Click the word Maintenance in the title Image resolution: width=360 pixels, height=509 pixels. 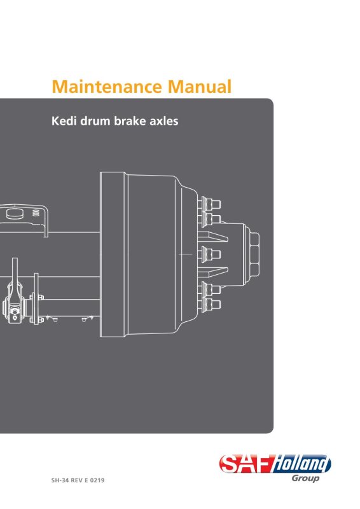click(x=107, y=87)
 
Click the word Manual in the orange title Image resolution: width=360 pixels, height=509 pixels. click(x=200, y=87)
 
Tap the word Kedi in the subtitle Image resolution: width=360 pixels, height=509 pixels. click(x=64, y=121)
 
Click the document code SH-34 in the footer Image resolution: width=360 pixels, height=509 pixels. click(x=60, y=480)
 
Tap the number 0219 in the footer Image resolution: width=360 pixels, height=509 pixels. click(x=97, y=480)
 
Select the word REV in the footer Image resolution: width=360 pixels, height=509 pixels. click(x=77, y=480)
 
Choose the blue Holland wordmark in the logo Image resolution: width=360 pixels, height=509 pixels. click(x=301, y=464)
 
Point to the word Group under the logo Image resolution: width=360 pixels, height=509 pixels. click(x=305, y=478)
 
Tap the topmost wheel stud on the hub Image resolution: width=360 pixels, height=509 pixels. click(x=211, y=204)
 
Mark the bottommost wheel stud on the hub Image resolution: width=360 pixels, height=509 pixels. click(x=211, y=305)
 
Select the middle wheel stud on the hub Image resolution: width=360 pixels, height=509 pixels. click(x=211, y=254)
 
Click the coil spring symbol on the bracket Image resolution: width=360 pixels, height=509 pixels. click(x=36, y=213)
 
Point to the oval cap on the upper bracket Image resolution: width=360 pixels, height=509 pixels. click(x=15, y=213)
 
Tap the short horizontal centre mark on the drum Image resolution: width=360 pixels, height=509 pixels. click(x=185, y=254)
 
